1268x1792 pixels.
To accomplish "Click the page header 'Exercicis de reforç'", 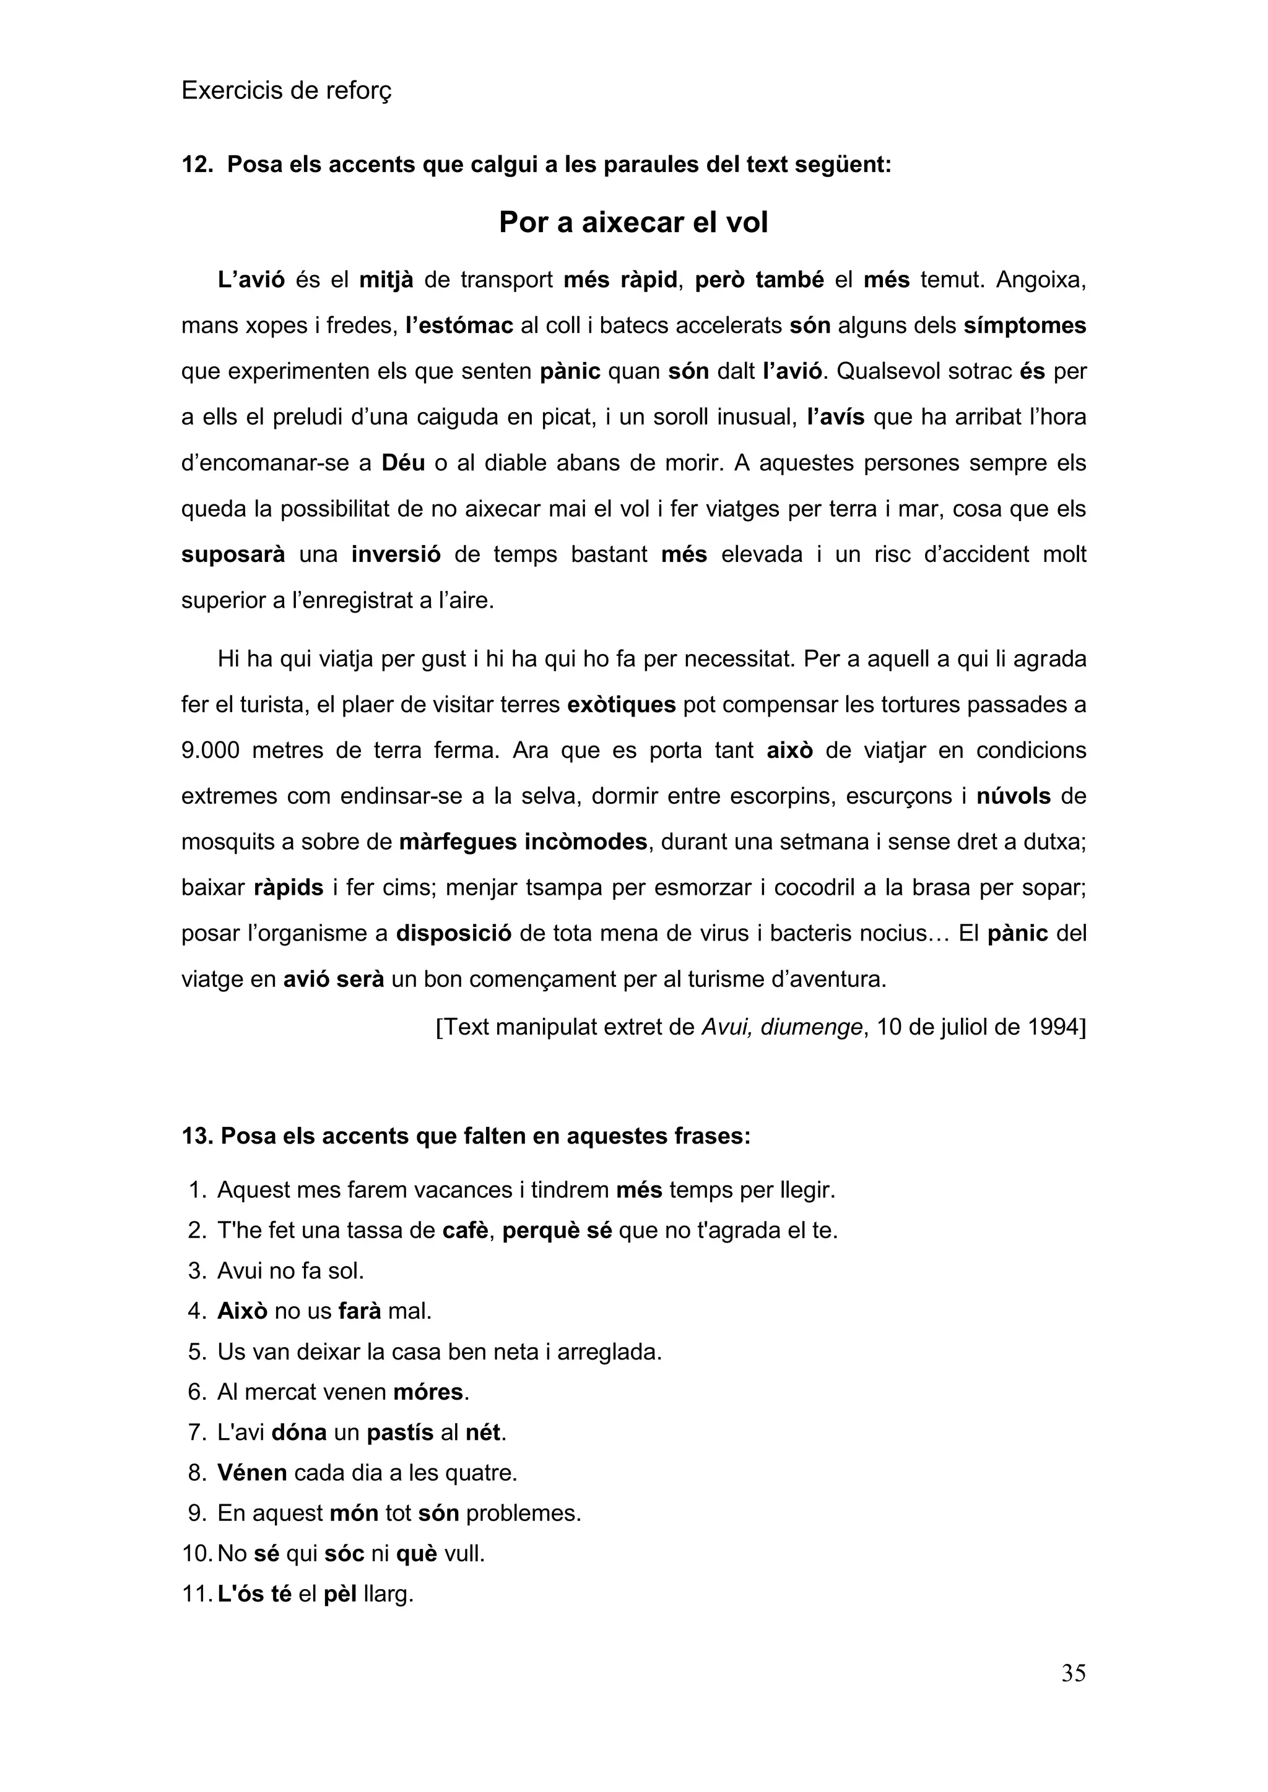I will pyautogui.click(x=286, y=92).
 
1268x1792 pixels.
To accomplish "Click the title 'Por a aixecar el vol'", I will pyautogui.click(x=633, y=222).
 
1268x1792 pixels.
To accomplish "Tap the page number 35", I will pyautogui.click(x=1073, y=1673).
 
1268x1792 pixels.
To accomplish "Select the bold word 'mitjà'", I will pyautogui.click(x=386, y=280).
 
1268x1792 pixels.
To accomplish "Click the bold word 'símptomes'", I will pyautogui.click(x=1025, y=325).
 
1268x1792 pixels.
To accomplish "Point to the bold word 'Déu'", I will pyautogui.click(x=403, y=463).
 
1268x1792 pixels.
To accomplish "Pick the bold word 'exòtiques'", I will pyautogui.click(x=621, y=705).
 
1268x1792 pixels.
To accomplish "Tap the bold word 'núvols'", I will pyautogui.click(x=1013, y=796).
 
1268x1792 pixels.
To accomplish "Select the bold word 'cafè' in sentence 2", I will pyautogui.click(x=466, y=1231).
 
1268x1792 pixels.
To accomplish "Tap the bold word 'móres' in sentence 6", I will pyautogui.click(x=428, y=1392).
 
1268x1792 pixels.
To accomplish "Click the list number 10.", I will pyautogui.click(x=197, y=1554).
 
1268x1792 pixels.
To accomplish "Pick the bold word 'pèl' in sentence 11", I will pyautogui.click(x=340, y=1594).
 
